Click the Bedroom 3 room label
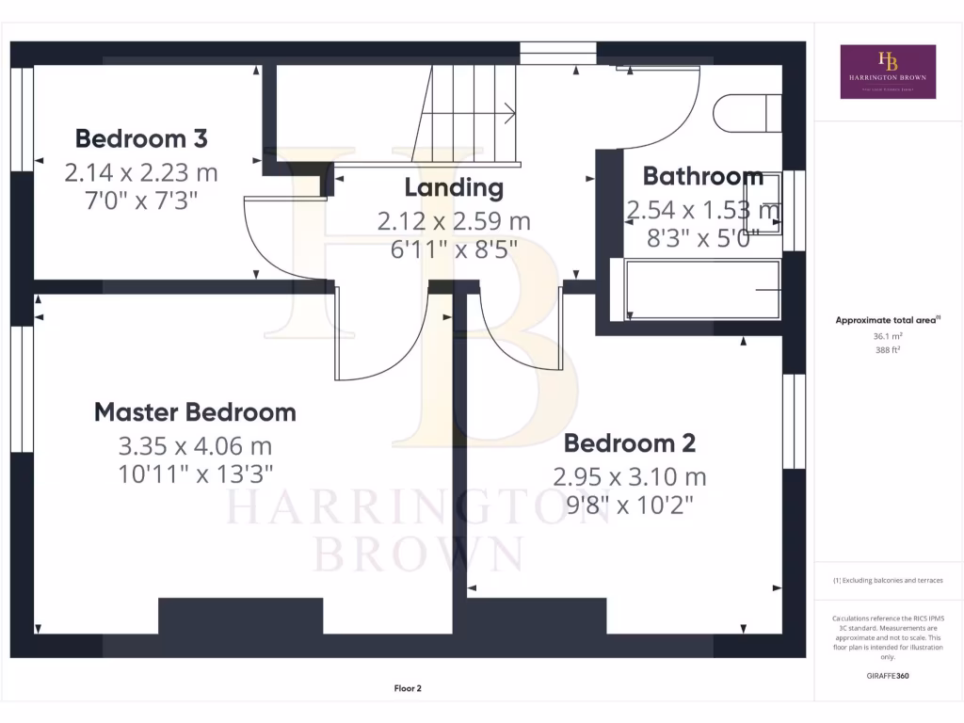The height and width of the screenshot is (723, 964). pos(141,139)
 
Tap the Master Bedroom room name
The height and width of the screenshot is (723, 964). pos(195,412)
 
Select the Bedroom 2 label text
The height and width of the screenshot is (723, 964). pos(629,443)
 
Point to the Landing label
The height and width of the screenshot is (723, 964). pos(454,187)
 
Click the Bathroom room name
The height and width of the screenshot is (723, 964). pos(702,176)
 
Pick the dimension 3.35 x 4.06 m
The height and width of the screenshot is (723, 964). pos(195,445)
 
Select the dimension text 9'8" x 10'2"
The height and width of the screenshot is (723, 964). pos(629,506)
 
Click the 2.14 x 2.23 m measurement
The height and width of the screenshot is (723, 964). pos(141,172)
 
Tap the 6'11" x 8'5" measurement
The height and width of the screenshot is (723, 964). pos(454,251)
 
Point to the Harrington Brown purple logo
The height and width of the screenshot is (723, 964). pos(887,72)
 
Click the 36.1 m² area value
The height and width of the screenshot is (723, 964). pos(888,336)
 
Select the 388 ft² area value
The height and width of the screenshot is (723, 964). pos(888,349)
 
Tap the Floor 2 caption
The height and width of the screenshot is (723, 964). pos(409,689)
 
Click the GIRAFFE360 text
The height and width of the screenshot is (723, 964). pos(888,676)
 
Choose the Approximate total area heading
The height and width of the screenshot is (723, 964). pos(887,320)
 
